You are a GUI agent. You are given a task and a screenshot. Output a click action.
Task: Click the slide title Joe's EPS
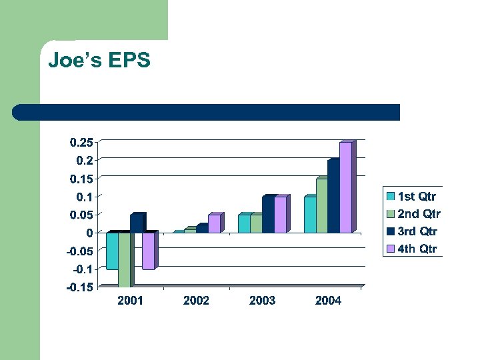pos(99,61)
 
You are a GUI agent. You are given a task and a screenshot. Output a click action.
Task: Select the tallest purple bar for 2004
pos(345,188)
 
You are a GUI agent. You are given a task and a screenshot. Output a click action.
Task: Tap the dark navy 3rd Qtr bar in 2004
pos(333,197)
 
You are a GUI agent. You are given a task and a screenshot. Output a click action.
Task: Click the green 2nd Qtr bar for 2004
pos(321,206)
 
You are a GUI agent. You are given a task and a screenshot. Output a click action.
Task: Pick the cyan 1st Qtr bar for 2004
pos(309,215)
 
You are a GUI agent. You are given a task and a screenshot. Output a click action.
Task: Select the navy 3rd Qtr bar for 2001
pos(136,223)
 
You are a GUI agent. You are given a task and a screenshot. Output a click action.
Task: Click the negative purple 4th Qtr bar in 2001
pos(148,251)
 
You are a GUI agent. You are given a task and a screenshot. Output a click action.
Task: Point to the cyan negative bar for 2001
pos(112,251)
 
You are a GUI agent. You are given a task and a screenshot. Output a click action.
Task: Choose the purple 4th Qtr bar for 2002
pos(213,224)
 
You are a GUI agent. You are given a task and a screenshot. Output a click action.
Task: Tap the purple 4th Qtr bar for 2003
pos(280,215)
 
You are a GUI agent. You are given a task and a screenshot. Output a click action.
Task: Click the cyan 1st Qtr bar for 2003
pos(244,224)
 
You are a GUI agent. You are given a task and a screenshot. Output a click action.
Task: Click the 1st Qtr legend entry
pos(411,196)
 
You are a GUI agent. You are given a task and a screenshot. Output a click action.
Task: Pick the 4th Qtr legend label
pos(417,249)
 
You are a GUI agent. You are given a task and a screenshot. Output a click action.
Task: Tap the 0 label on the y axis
pos(89,233)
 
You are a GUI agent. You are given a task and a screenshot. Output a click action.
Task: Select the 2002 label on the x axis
pos(196,301)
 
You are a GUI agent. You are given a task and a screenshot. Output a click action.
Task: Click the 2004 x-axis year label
pos(328,301)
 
